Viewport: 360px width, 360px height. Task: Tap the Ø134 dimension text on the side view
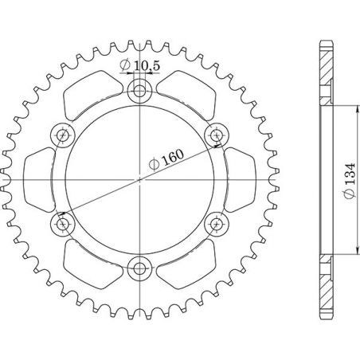349,179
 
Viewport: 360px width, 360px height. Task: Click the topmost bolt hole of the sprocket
140,90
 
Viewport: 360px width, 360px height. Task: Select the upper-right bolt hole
217,134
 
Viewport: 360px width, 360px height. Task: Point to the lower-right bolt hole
217,224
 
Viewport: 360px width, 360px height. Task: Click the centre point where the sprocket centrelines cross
140,179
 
